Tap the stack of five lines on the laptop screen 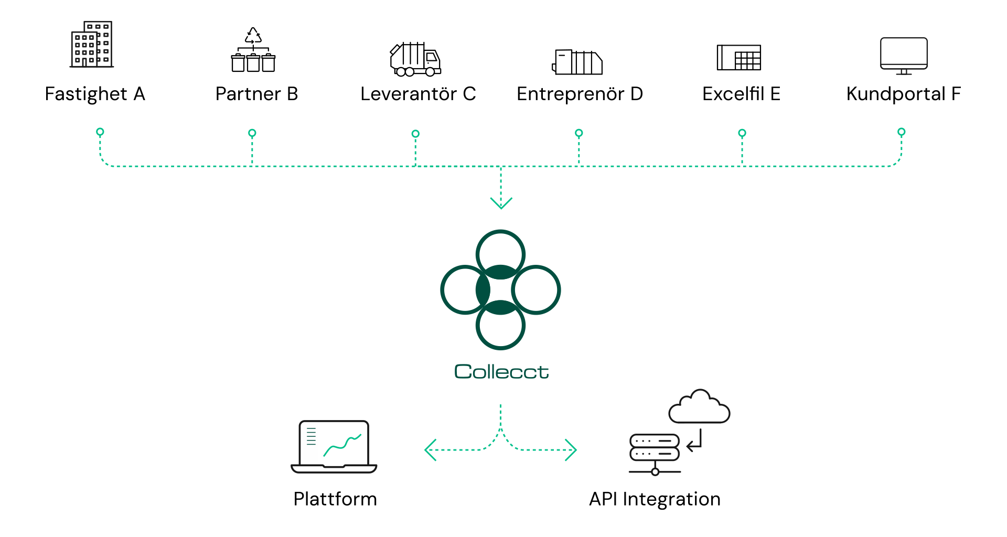[311, 436]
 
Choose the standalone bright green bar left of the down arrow [257, 147]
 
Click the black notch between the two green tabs [730, 147]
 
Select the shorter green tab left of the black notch [648, 147]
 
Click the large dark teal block [734, 315]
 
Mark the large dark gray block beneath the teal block [839, 461]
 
